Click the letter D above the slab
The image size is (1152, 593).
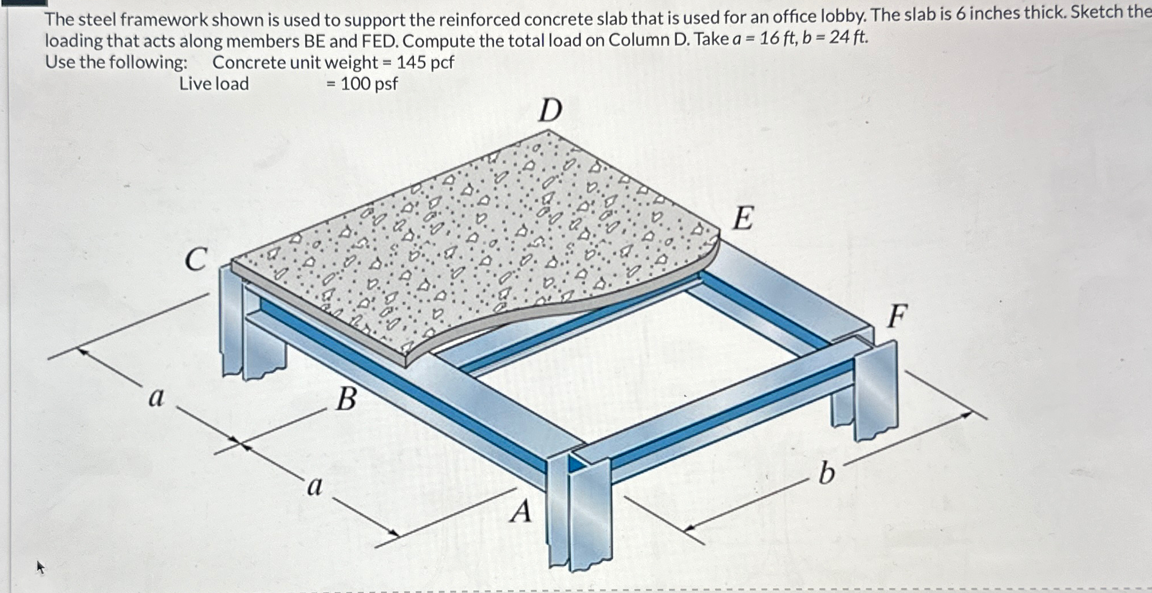point(550,110)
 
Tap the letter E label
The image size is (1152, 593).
point(743,219)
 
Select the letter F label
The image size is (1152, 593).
point(897,316)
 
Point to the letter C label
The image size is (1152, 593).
point(195,260)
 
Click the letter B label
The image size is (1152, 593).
point(346,399)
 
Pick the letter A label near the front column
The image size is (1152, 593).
point(522,512)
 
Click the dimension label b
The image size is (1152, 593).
point(826,474)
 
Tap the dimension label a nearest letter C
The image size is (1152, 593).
point(156,397)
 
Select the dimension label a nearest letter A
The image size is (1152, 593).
point(315,488)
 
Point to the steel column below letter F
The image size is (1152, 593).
point(876,390)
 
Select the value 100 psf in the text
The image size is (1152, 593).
point(369,84)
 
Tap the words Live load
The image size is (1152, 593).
point(214,84)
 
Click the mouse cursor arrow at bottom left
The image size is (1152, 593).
point(40,567)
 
